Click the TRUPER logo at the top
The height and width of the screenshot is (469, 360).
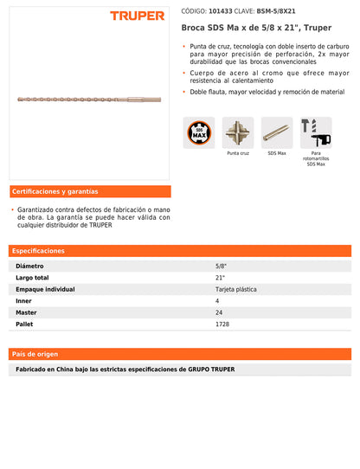point(137,16)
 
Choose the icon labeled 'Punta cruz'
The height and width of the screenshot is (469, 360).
point(238,132)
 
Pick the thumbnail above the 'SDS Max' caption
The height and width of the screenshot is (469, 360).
point(277,132)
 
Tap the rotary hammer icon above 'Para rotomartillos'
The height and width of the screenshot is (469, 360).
point(315,132)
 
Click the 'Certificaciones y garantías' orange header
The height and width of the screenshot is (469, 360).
point(90,191)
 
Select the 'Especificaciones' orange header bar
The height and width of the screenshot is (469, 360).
point(180,251)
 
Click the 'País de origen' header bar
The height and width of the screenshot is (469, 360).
point(180,354)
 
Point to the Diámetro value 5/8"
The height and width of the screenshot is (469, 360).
point(220,267)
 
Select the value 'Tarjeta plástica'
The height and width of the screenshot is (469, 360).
point(235,289)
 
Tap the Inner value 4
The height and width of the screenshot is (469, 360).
point(217,301)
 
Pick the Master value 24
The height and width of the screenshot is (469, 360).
point(219,312)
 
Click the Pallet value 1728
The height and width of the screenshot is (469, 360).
point(222,324)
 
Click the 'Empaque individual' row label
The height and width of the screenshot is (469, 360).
point(45,289)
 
